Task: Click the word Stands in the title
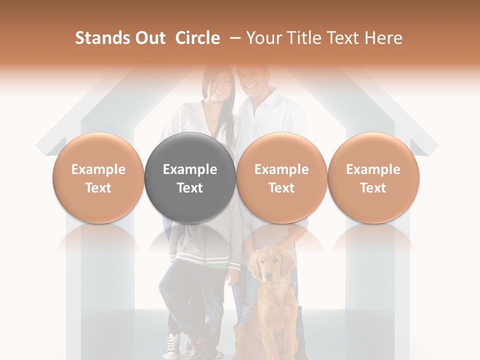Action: point(101,38)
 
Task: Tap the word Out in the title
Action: point(149,38)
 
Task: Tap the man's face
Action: point(253,80)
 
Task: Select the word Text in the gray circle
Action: point(190,188)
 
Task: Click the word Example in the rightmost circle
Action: point(373,169)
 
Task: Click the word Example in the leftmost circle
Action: point(98,169)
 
